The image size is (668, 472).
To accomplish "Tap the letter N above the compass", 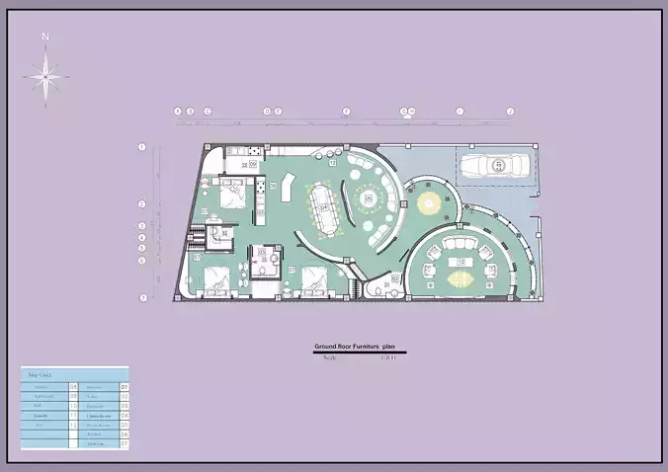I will (x=45, y=38).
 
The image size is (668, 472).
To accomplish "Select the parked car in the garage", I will (x=492, y=166).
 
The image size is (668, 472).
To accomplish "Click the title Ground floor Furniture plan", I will (x=354, y=348).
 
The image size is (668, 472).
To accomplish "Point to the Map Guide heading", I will (x=40, y=376).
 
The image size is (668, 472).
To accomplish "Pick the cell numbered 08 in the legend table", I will (x=74, y=386).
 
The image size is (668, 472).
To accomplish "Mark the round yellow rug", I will (x=428, y=203).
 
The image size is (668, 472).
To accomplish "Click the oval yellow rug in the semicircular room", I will (x=460, y=279).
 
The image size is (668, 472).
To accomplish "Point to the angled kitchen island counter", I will (x=288, y=187).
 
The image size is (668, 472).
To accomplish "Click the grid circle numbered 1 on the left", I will (x=142, y=147).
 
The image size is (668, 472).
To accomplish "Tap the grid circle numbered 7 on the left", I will (x=142, y=297).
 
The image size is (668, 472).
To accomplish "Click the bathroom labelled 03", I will (x=263, y=259).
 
